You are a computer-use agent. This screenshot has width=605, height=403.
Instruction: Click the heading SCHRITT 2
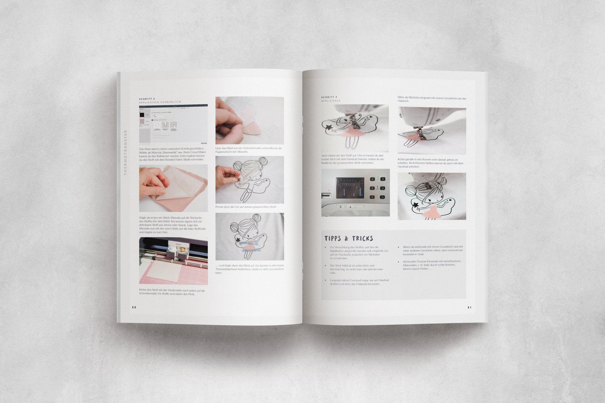[147, 99]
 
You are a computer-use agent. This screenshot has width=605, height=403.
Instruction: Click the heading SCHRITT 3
[329, 97]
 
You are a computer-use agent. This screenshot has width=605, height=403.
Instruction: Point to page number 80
[134, 307]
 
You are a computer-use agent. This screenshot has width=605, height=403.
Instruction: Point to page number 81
[469, 307]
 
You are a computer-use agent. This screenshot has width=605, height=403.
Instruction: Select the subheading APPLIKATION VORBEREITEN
[160, 102]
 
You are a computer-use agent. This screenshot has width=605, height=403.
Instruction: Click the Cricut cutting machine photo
[173, 261]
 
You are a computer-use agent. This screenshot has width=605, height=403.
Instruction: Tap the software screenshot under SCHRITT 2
[173, 123]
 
